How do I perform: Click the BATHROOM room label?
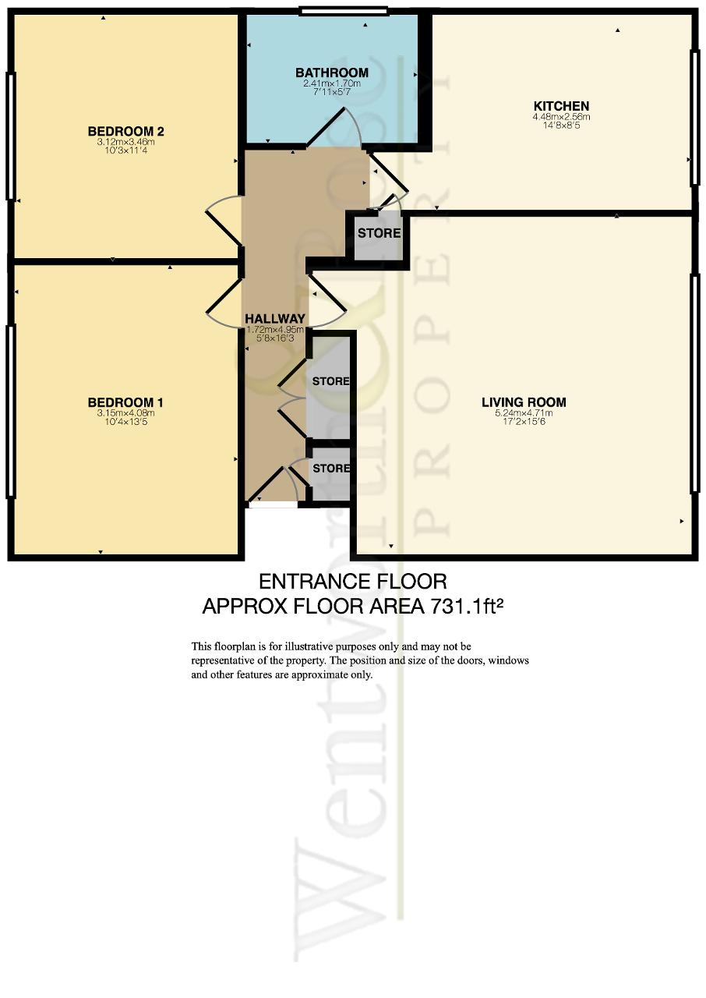tap(332, 73)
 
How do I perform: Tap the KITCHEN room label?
tap(561, 106)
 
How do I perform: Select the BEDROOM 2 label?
tap(126, 131)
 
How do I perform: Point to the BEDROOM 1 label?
tap(125, 402)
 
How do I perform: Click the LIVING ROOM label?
tap(524, 402)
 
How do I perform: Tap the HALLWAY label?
tap(275, 319)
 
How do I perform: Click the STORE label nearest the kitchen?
tap(379, 233)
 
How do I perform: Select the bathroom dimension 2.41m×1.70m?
tap(332, 83)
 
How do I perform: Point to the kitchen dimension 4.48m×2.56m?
tap(561, 117)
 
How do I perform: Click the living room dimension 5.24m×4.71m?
tap(524, 413)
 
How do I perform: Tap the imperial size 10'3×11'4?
tap(126, 150)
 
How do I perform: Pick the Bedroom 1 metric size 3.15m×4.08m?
tap(125, 413)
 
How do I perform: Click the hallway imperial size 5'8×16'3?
tap(274, 338)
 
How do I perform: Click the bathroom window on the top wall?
tap(344, 11)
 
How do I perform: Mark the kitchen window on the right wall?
tap(694, 117)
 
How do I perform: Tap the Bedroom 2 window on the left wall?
tap(11, 136)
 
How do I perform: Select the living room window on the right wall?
tap(694, 383)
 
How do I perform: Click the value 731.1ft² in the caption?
tap(467, 607)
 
